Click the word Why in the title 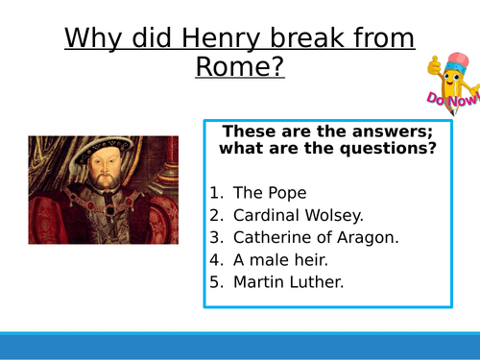98,39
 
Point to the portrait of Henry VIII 103,189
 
